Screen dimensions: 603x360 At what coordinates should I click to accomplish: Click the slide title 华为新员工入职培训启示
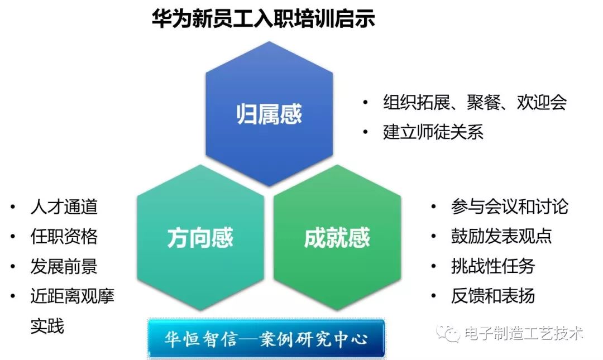tap(264, 18)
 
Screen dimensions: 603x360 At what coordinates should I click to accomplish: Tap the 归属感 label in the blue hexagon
tap(269, 114)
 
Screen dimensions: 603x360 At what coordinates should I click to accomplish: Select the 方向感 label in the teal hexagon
tap(200, 237)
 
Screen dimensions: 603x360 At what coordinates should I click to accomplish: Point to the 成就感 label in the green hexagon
tap(337, 237)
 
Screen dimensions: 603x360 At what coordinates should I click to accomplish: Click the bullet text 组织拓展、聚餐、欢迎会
tap(475, 102)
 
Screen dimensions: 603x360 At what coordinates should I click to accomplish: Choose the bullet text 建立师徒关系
tap(433, 132)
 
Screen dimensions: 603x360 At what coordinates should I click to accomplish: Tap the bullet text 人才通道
tap(64, 207)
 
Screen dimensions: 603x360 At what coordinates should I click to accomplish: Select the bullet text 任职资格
tap(64, 236)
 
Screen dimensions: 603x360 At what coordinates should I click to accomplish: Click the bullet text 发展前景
tap(64, 266)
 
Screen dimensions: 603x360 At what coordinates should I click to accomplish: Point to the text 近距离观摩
tap(72, 296)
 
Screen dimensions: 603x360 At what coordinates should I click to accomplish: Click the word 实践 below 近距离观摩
tap(47, 326)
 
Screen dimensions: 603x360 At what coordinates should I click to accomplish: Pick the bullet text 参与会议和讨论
tap(510, 207)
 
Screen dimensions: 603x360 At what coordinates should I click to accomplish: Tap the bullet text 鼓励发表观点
tap(501, 236)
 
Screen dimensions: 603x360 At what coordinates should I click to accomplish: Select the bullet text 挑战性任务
tap(493, 266)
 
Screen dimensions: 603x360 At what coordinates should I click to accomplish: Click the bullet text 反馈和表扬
tap(493, 296)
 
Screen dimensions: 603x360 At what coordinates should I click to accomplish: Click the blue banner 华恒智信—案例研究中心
tap(266, 338)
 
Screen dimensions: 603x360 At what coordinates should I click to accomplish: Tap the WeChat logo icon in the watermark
tap(448, 333)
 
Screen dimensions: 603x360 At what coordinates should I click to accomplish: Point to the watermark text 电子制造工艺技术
tap(523, 333)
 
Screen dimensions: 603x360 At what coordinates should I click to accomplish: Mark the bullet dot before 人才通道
tap(13, 207)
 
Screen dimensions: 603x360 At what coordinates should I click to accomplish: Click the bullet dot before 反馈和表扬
tap(434, 296)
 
